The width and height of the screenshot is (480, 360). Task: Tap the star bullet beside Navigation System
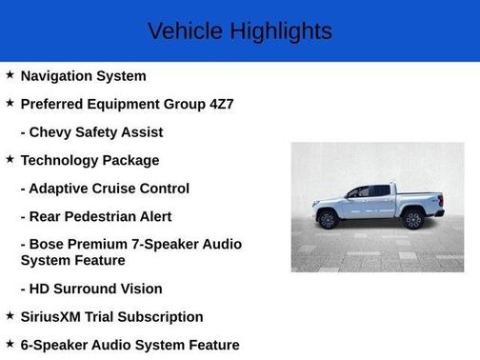10,74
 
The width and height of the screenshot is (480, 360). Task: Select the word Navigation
59,75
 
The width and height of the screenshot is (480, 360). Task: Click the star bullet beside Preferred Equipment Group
10,102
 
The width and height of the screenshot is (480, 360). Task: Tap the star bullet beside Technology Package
10,159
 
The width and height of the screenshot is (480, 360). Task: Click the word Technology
61,160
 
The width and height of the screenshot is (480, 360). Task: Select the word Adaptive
62,189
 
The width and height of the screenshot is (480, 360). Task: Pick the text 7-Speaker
159,245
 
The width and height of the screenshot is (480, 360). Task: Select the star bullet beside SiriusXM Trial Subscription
10,315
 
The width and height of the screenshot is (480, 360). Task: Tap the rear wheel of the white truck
413,220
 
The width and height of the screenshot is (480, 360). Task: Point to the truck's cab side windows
370,191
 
